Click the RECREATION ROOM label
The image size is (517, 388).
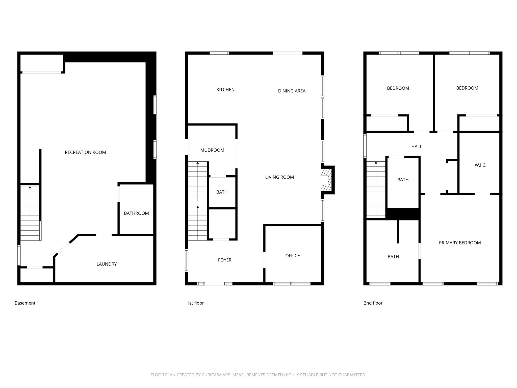click(x=85, y=152)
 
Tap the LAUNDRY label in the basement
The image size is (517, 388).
click(x=107, y=264)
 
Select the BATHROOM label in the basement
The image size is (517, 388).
click(x=136, y=213)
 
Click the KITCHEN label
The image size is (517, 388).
click(x=225, y=90)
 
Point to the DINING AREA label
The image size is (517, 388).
click(x=292, y=91)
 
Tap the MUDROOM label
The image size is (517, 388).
click(x=212, y=150)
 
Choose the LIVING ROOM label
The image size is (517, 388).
click(x=279, y=177)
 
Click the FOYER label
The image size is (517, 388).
click(x=225, y=260)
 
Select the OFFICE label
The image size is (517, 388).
click(x=293, y=256)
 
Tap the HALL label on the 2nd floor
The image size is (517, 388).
click(x=417, y=147)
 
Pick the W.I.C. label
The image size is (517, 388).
click(x=480, y=165)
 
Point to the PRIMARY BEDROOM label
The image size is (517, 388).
click(x=460, y=243)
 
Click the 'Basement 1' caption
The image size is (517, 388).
click(x=27, y=303)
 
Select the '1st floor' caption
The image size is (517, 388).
click(x=195, y=303)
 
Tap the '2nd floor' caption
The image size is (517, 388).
click(x=373, y=303)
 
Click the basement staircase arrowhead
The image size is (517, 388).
click(x=30, y=187)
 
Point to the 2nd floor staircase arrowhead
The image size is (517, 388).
click(x=376, y=163)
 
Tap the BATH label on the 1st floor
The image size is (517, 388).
click(x=222, y=192)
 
